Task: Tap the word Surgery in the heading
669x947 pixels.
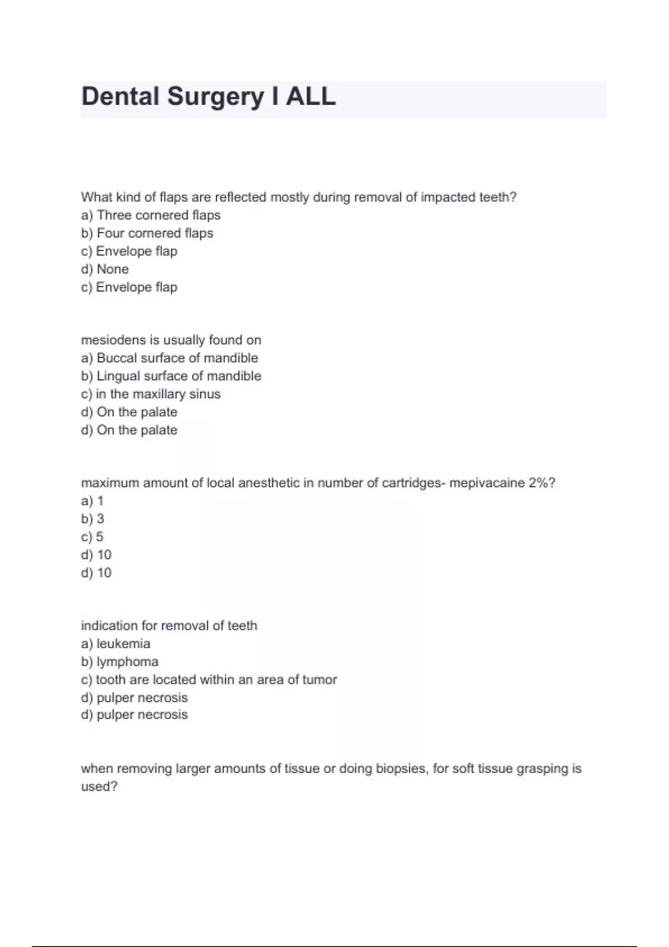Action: pos(216,96)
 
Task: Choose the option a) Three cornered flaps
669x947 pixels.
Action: pos(151,215)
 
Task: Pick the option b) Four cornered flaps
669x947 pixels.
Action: pos(147,233)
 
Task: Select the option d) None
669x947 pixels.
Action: pos(105,269)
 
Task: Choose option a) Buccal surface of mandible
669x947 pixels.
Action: pos(169,358)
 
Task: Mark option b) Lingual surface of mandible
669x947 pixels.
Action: pos(171,376)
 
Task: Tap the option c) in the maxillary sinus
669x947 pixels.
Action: pos(151,394)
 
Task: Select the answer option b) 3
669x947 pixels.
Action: pos(93,519)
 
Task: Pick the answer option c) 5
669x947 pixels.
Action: pos(93,537)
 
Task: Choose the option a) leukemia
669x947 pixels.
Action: pos(115,643)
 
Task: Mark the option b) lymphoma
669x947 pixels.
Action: pos(119,662)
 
